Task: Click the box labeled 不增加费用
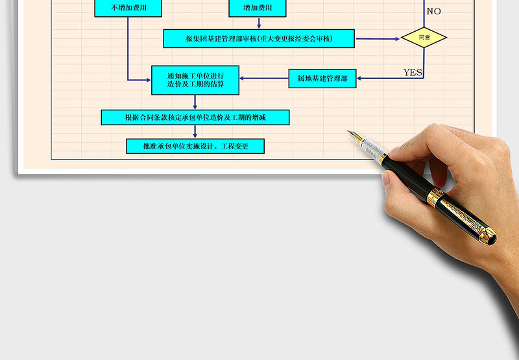coord(128,8)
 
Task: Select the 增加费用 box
coord(258,8)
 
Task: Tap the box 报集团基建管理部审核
coord(259,38)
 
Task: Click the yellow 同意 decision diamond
coord(424,38)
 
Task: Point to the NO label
coord(433,11)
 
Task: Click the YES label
coord(413,73)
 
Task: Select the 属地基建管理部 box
coord(322,78)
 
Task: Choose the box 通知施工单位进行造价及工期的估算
coord(195,80)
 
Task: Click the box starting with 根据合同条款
coord(195,117)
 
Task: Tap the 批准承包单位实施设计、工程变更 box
coord(195,146)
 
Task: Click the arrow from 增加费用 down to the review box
coord(259,23)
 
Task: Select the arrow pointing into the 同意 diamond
coord(378,39)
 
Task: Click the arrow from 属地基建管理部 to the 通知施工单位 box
coord(264,78)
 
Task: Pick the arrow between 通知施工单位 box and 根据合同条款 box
coord(195,102)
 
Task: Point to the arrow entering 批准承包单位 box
coord(195,132)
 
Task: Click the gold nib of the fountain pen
coord(354,136)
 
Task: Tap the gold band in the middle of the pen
coord(435,197)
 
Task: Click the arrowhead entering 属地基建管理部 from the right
coord(359,78)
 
